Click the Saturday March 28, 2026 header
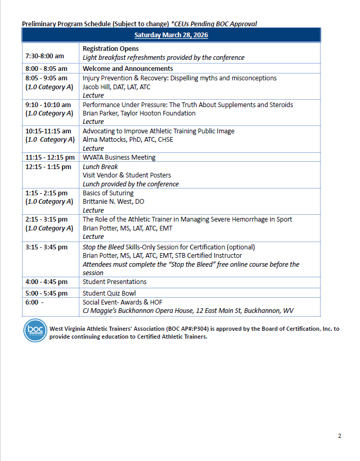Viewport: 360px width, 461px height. [x=171, y=35]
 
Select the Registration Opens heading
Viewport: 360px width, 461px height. [x=110, y=49]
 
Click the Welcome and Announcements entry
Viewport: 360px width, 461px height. [x=128, y=69]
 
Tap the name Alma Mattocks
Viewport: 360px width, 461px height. [x=105, y=140]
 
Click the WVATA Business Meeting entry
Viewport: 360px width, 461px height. [x=119, y=157]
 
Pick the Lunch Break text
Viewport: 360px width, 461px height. [x=100, y=167]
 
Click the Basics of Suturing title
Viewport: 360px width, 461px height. [x=108, y=193]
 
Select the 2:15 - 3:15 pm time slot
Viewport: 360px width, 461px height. [x=46, y=219]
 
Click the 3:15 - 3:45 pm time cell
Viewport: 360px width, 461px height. [x=46, y=247]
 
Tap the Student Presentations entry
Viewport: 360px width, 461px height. [x=114, y=282]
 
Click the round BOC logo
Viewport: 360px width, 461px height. [x=35, y=331]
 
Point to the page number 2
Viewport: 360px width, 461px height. [x=340, y=436]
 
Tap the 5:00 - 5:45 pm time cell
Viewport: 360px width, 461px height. [x=46, y=293]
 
